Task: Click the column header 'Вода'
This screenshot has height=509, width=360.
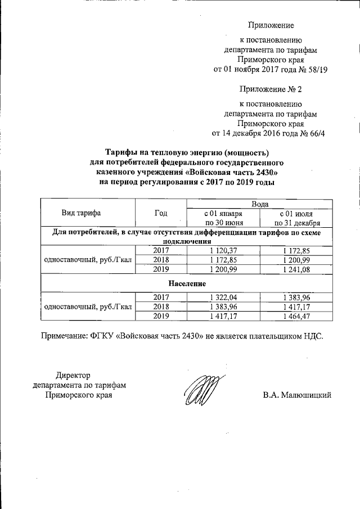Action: [260, 203]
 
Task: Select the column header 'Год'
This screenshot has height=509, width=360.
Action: [161, 213]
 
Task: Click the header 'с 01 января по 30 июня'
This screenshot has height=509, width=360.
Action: [224, 218]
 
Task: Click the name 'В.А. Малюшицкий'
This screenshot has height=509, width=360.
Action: [297, 395]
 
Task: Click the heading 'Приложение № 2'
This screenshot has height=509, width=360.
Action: [271, 89]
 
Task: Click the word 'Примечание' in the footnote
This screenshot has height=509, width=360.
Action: [64, 336]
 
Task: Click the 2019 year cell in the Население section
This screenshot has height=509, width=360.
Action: [161, 316]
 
